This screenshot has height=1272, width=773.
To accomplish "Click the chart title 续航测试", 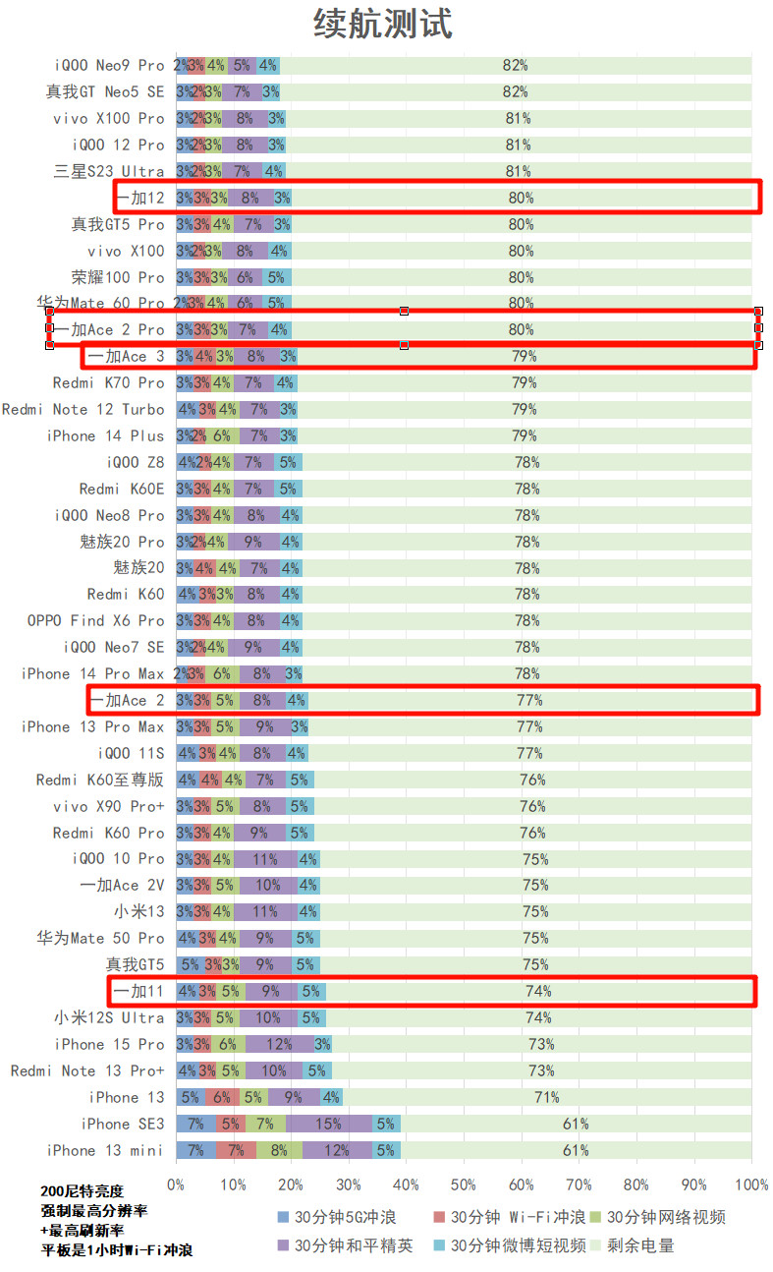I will point(383,24).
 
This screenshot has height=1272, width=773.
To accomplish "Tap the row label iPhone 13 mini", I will point(105,1150).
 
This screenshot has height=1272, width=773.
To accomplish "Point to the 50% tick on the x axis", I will point(465,1185).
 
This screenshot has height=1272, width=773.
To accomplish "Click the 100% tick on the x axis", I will point(751,1185).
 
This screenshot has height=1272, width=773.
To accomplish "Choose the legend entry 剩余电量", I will point(644,1245).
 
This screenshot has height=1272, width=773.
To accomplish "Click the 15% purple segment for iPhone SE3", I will point(329,1124).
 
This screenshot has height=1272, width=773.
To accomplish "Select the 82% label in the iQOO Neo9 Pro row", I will point(515,66).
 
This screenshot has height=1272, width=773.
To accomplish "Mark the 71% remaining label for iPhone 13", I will point(546,1097).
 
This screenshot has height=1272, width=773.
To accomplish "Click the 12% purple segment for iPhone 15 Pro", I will point(280,1044).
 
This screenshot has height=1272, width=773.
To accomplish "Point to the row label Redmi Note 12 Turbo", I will point(83,410).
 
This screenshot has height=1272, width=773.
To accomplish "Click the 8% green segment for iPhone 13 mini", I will point(279,1150).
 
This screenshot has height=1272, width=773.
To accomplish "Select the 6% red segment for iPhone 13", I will point(223,1097).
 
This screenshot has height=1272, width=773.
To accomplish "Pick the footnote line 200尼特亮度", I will point(83,1191).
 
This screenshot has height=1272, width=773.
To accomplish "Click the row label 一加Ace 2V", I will point(123,886).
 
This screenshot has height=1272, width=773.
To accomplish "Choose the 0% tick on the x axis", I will point(176,1185).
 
